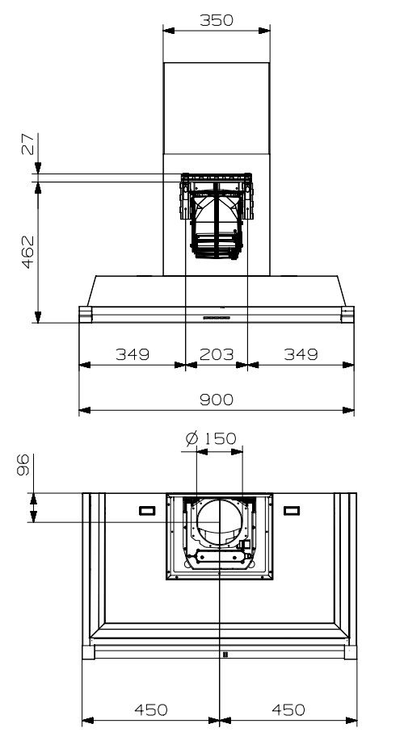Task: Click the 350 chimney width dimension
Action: coord(216,21)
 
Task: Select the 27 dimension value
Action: coord(27,146)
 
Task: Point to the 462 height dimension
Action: coord(27,252)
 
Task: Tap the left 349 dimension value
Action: coord(132,354)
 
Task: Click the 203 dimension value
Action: coord(216,354)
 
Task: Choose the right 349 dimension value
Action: coord(300,354)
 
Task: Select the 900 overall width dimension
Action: coord(216,400)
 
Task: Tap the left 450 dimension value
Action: coord(150,709)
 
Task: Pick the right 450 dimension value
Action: coord(288,709)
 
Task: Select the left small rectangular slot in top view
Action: coord(148,510)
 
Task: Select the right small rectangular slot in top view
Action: coord(291,510)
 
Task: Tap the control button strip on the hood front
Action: coord(217,317)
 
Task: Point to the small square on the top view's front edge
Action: coord(224,654)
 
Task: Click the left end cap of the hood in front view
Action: coord(86,313)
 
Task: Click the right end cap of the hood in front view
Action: coord(347,313)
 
